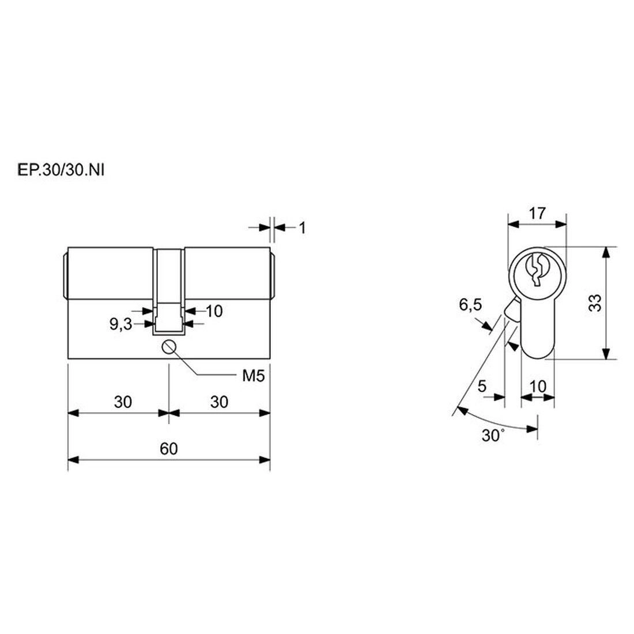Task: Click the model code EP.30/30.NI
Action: coord(61,170)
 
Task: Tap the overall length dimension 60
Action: coord(169,448)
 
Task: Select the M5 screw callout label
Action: coord(253,376)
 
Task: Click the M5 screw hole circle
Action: coord(168,347)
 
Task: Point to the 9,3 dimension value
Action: coord(121,324)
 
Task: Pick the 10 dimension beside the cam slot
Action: coord(214,311)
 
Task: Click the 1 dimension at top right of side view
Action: coord(302,228)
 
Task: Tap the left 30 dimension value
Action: coord(123,402)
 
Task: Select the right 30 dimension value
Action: coord(219,402)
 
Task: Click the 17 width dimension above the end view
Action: coord(538,213)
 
